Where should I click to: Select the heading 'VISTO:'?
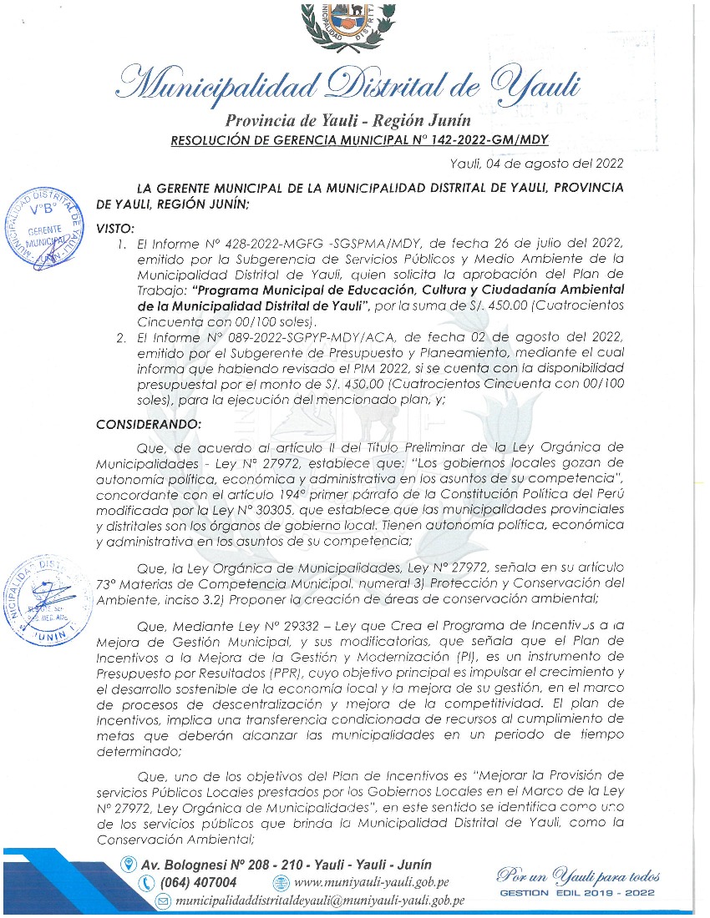[115, 228]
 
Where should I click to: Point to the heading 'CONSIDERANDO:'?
[149, 424]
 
